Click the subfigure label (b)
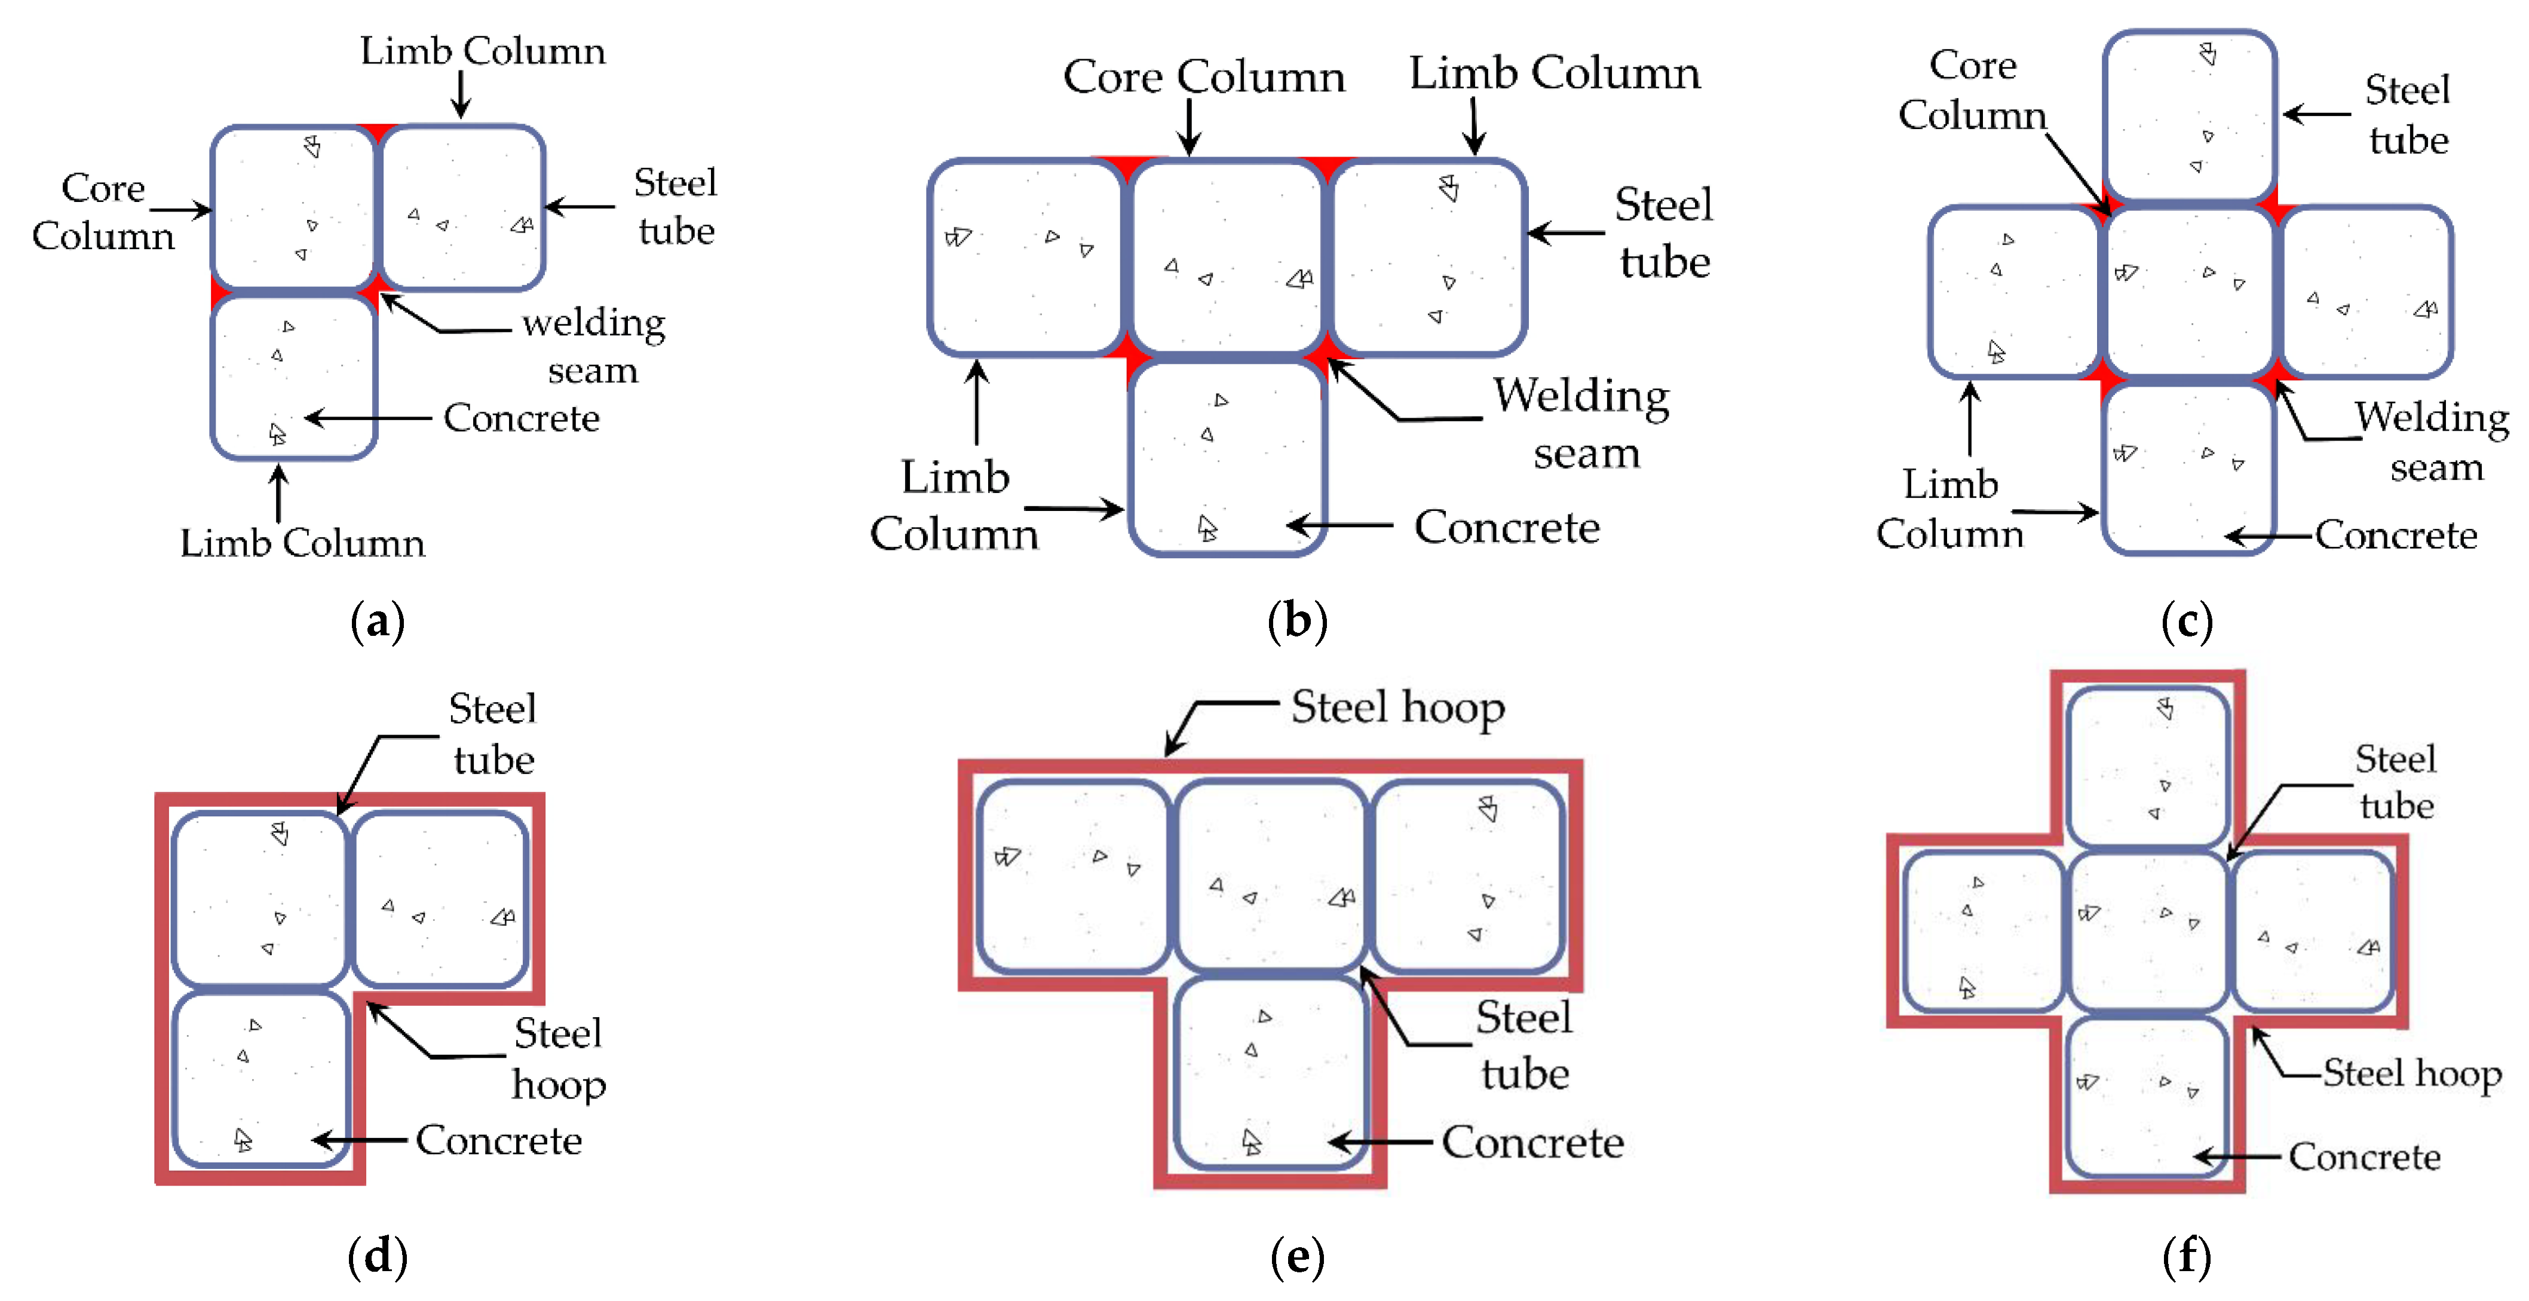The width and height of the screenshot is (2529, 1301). coord(1297,622)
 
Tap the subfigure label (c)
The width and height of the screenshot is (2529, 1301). coord(2187,622)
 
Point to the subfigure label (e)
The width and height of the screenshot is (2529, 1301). coord(1297,1257)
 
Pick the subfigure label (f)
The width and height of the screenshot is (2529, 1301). coord(2187,1257)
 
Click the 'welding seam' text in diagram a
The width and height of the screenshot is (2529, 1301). coord(594,345)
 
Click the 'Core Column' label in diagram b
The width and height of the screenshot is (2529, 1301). coord(1204,76)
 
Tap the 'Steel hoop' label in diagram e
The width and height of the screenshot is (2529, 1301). coord(1397,707)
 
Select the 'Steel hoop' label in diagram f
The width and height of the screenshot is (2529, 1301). coord(2411,1073)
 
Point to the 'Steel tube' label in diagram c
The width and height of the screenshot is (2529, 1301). coord(2407,115)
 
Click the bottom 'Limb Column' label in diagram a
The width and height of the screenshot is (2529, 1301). coord(302,543)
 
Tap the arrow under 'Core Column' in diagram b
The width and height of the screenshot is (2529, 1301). coord(1189,128)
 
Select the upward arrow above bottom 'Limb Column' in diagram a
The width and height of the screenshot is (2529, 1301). coord(279,493)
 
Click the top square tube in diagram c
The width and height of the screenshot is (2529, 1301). coord(2189,115)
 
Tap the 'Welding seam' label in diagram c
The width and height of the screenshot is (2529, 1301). coord(2433,442)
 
